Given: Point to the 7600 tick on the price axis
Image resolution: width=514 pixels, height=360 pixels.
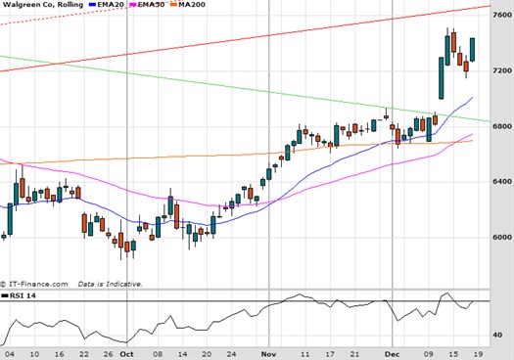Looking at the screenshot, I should [x=500, y=16].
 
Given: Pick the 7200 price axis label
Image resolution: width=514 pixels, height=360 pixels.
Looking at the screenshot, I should [x=500, y=71].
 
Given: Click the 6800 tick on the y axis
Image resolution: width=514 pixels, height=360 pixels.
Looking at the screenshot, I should [x=500, y=126].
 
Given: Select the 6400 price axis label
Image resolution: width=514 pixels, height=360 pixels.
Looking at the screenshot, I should [x=500, y=182].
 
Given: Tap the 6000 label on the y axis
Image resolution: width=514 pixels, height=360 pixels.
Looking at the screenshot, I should [x=500, y=237].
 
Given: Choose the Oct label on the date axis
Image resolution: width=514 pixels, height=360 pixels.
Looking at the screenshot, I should [x=126, y=353].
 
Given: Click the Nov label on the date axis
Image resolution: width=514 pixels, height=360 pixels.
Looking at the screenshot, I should [x=269, y=353].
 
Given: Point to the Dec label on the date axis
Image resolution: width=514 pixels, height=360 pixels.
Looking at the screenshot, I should [x=392, y=353].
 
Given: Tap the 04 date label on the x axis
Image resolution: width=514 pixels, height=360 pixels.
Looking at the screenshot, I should [x=9, y=353].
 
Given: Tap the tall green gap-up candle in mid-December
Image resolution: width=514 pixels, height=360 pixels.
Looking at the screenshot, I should [x=442, y=78].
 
